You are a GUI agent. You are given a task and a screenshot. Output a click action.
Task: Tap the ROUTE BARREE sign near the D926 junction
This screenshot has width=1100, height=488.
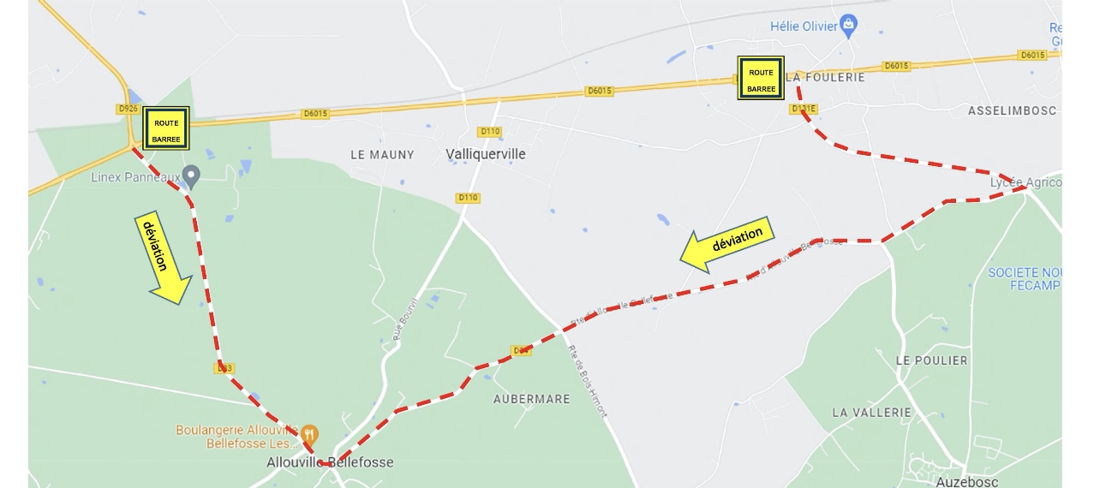pyautogui.click(x=166, y=129)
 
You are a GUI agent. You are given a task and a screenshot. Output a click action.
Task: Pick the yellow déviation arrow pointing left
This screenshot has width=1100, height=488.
pyautogui.click(x=727, y=244)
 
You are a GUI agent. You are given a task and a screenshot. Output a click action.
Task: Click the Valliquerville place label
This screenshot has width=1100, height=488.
pyautogui.click(x=486, y=154)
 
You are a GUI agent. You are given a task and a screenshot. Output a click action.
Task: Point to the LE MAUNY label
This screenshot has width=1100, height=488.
pyautogui.click(x=382, y=155)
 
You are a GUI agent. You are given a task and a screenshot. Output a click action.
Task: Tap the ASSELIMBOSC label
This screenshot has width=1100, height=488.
pyautogui.click(x=1012, y=111)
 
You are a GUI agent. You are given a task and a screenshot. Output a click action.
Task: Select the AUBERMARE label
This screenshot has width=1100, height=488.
pyautogui.click(x=531, y=399)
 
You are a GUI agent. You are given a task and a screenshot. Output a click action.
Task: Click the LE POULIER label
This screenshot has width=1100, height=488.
pyautogui.click(x=931, y=360)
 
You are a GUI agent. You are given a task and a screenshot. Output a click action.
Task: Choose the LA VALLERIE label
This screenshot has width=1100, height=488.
pyautogui.click(x=871, y=412)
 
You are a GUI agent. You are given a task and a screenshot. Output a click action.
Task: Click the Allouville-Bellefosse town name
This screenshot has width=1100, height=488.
pyautogui.click(x=330, y=462)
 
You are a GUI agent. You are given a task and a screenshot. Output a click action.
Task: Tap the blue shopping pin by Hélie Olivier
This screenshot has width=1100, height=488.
pyautogui.click(x=848, y=24)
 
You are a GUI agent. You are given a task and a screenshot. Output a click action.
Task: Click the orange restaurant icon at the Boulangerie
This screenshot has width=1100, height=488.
pyautogui.click(x=310, y=434)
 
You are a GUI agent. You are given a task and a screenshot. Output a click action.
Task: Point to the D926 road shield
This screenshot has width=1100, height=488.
pyautogui.click(x=127, y=109)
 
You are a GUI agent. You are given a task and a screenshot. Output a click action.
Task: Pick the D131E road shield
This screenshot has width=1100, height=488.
pyautogui.click(x=804, y=109)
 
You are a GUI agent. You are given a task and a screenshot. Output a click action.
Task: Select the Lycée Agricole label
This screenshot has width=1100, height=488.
pyautogui.click(x=1025, y=182)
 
